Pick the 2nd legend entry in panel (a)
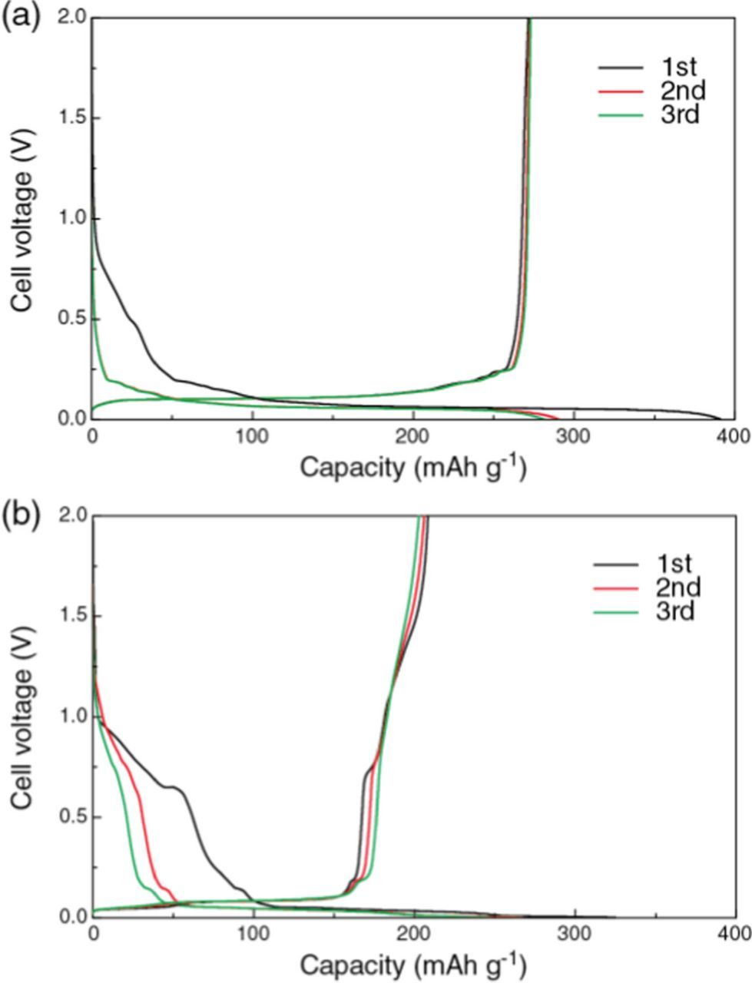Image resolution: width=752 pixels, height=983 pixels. click(x=679, y=91)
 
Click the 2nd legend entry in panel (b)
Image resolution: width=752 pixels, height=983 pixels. click(x=674, y=588)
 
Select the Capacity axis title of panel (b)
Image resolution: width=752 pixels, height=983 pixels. click(x=413, y=963)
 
